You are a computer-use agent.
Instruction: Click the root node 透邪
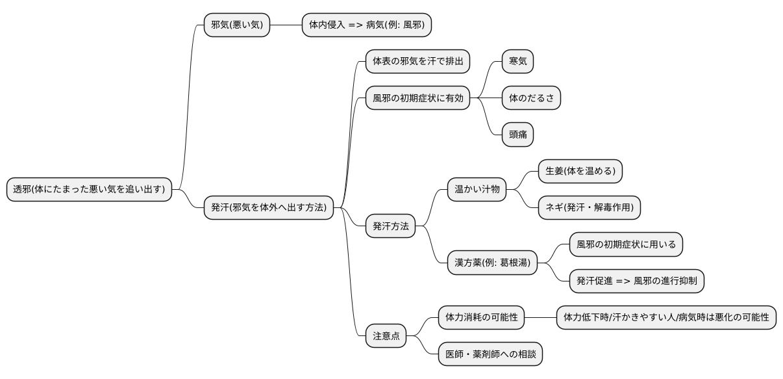(89, 189)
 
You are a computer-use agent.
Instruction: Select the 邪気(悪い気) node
(236, 25)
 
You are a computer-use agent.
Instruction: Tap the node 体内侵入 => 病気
(367, 25)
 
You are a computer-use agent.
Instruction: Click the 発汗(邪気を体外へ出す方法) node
(269, 208)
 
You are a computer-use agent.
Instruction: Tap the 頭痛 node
(517, 134)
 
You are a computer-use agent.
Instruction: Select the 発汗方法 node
(390, 226)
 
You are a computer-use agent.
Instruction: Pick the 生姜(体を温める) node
(580, 171)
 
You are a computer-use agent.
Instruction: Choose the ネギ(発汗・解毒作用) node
(590, 208)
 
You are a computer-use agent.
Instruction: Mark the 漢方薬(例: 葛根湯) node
(493, 263)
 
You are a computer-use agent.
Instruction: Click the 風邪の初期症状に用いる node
(626, 244)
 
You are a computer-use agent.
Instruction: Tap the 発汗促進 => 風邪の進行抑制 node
(636, 281)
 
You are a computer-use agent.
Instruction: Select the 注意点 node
(386, 336)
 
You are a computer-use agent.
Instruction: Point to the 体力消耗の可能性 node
(481, 317)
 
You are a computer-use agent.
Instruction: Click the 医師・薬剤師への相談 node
(490, 354)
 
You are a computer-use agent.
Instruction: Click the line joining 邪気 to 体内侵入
(286, 25)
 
